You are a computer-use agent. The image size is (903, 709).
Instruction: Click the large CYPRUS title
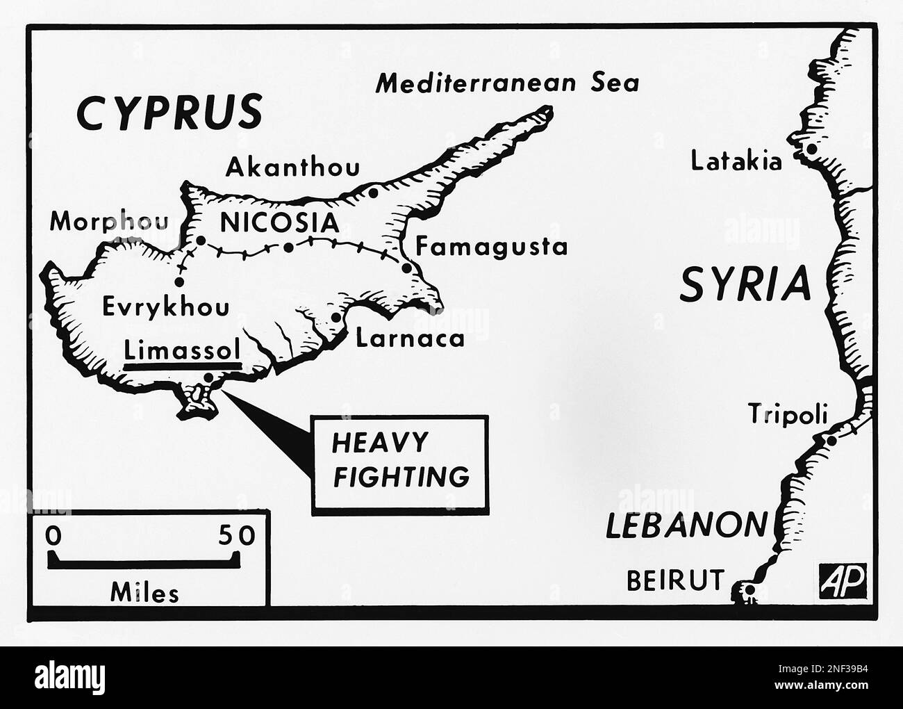tap(169, 112)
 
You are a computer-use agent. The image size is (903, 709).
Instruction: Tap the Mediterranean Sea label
tap(506, 83)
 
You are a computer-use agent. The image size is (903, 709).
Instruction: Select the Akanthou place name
tap(294, 167)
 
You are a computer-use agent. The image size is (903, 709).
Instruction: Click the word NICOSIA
tap(279, 223)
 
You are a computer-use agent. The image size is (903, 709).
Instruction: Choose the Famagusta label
tap(491, 246)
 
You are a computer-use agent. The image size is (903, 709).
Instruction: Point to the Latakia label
tap(736, 161)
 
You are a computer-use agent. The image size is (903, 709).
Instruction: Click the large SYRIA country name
tap(745, 284)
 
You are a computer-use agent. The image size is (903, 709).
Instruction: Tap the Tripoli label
tap(788, 415)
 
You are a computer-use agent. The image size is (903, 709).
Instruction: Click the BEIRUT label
tap(674, 580)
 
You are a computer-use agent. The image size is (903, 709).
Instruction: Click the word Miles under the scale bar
tap(144, 592)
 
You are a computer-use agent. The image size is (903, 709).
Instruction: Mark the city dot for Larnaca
tap(337, 317)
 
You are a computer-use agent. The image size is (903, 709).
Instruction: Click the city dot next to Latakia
tap(810, 149)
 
